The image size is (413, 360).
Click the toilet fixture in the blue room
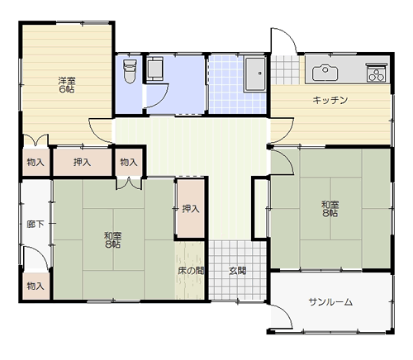pyautogui.click(x=130, y=71)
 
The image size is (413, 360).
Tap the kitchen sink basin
pyautogui.click(x=325, y=73)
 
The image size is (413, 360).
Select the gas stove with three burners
pyautogui.click(x=377, y=73)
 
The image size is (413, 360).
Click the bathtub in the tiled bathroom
pyautogui.click(x=255, y=74)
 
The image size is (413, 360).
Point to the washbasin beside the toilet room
pyautogui.click(x=154, y=69)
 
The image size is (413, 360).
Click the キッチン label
pyautogui.click(x=330, y=100)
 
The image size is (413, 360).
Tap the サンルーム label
pyautogui.click(x=330, y=302)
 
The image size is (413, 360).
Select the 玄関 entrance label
pyautogui.click(x=238, y=271)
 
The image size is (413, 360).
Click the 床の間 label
pyautogui.click(x=191, y=271)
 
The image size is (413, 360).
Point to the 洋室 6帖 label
pyautogui.click(x=67, y=85)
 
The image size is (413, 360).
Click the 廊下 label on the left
pyautogui.click(x=36, y=225)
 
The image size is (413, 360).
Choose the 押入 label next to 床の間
pyautogui.click(x=191, y=209)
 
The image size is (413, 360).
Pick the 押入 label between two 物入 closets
pyautogui.click(x=82, y=162)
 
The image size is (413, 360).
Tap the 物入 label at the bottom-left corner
pyautogui.click(x=36, y=286)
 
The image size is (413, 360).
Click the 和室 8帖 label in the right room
pyautogui.click(x=330, y=209)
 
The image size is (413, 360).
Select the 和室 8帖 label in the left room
pyautogui.click(x=113, y=239)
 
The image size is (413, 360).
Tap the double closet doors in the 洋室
pyautogui.click(x=36, y=140)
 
